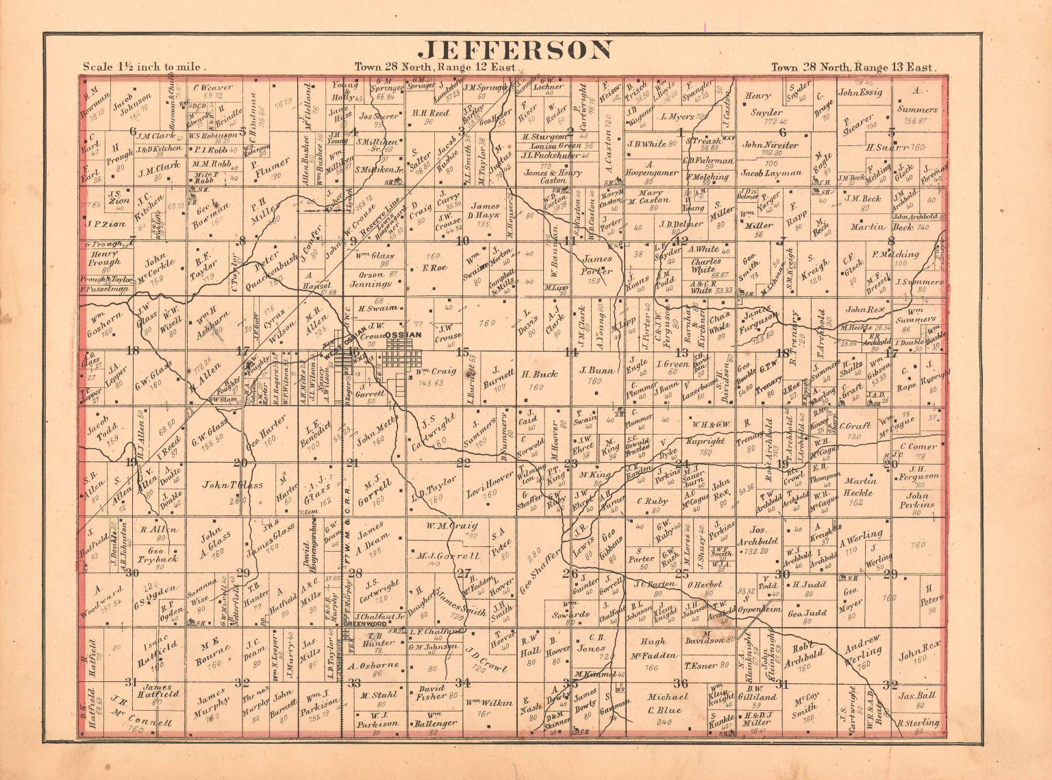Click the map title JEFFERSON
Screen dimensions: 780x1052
point(516,50)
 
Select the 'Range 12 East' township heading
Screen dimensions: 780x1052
point(437,67)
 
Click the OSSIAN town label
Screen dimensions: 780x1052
point(405,334)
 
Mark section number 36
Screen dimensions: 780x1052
point(680,683)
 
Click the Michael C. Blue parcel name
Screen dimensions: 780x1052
point(664,704)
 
